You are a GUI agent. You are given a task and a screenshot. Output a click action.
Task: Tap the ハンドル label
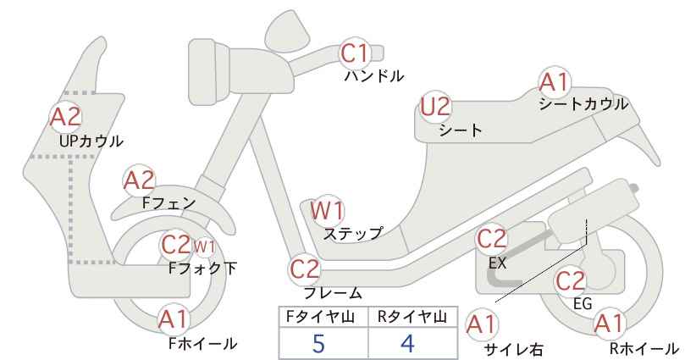tap(374, 76)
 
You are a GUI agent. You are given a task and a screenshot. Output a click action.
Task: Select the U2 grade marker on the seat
tap(435, 107)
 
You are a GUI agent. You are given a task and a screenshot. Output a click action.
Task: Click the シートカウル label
tap(583, 104)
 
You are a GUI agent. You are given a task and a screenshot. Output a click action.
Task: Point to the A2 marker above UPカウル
tap(66, 117)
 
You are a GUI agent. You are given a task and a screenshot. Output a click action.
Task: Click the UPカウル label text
tap(91, 141)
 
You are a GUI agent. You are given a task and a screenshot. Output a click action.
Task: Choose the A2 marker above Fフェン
tap(139, 180)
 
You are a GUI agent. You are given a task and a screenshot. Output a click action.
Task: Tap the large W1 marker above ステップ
tap(327, 210)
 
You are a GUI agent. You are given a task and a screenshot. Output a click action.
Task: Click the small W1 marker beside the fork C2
tap(204, 246)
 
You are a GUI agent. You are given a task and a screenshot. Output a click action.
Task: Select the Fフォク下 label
tap(203, 269)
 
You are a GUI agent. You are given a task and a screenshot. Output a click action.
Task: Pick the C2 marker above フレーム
tap(305, 269)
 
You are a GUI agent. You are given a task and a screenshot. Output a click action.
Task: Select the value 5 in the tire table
tap(318, 343)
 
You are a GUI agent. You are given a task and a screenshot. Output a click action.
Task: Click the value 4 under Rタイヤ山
tap(407, 343)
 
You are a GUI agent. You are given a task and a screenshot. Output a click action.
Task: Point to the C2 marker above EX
tap(491, 238)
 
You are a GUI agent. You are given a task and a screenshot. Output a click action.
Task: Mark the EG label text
tap(583, 303)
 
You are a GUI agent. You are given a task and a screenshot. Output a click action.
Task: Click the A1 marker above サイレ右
tap(482, 324)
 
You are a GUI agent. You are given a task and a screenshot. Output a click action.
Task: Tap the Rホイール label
tap(644, 348)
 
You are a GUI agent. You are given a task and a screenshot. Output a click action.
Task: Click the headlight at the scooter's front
tap(209, 72)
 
